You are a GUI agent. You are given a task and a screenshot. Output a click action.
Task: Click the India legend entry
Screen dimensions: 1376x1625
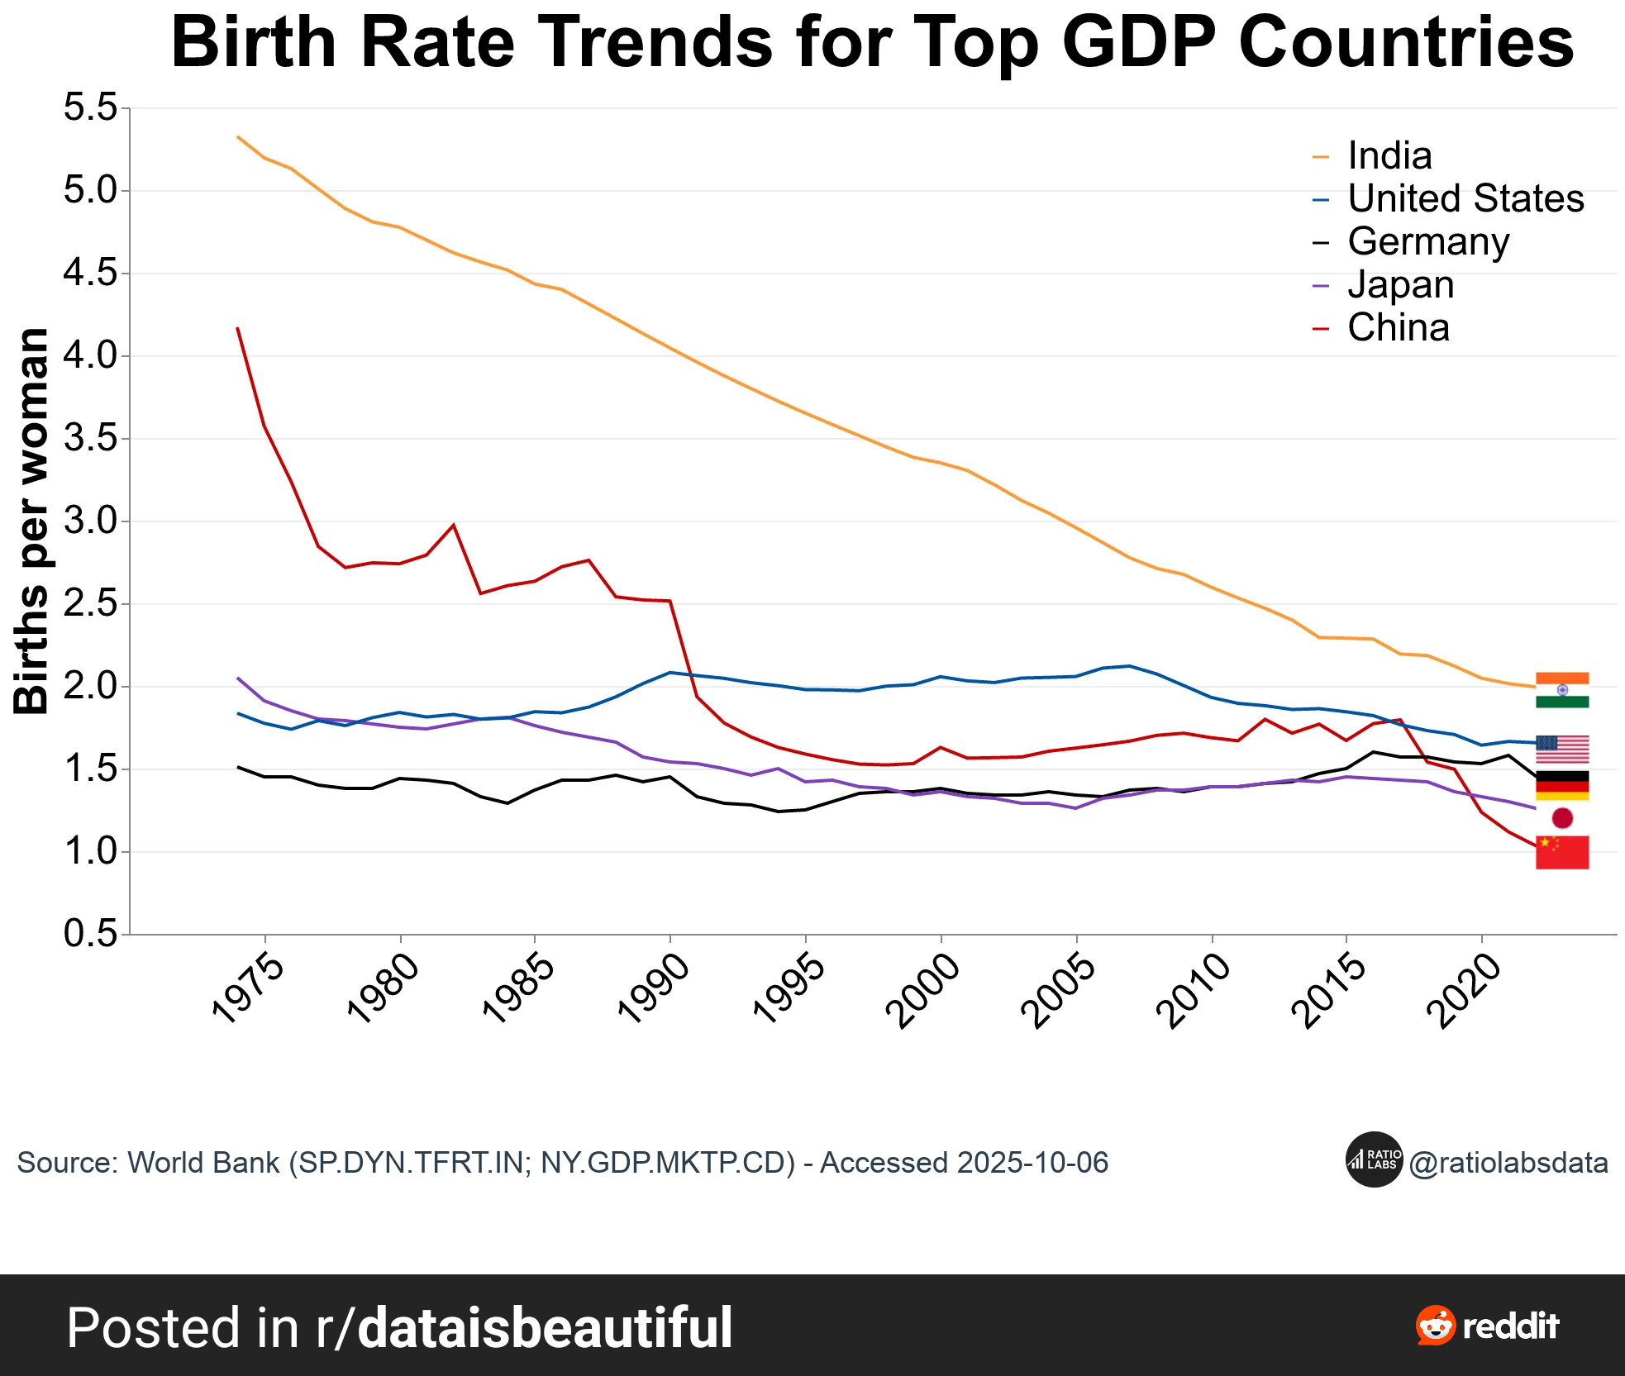pos(1389,155)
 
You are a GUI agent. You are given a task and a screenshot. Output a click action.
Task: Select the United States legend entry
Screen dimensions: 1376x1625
pos(1465,198)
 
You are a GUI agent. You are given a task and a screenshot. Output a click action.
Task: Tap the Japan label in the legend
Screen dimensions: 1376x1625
pos(1400,284)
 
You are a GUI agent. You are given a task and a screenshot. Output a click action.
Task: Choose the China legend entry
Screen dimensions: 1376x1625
pos(1398,327)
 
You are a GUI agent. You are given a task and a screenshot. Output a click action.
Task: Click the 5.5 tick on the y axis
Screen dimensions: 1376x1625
pos(91,107)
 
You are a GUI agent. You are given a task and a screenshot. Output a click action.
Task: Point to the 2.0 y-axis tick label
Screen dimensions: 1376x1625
pos(91,686)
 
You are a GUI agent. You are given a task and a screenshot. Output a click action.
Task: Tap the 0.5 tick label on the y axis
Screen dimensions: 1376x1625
pos(91,934)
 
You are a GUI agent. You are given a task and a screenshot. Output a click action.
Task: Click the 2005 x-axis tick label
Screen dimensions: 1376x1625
pos(1060,990)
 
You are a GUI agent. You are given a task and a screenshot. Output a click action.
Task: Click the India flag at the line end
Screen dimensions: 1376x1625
pos(1561,690)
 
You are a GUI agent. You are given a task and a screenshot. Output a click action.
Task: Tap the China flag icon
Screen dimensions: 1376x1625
pos(1561,852)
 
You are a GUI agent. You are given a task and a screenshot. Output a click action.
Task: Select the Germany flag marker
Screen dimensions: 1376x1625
pos(1561,785)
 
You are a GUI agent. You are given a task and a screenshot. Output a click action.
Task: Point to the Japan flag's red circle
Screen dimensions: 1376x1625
pos(1561,818)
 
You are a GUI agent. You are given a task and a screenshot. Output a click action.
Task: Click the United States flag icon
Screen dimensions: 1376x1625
pos(1561,749)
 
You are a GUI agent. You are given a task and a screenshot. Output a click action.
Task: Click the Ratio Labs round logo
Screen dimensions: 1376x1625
pos(1374,1159)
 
